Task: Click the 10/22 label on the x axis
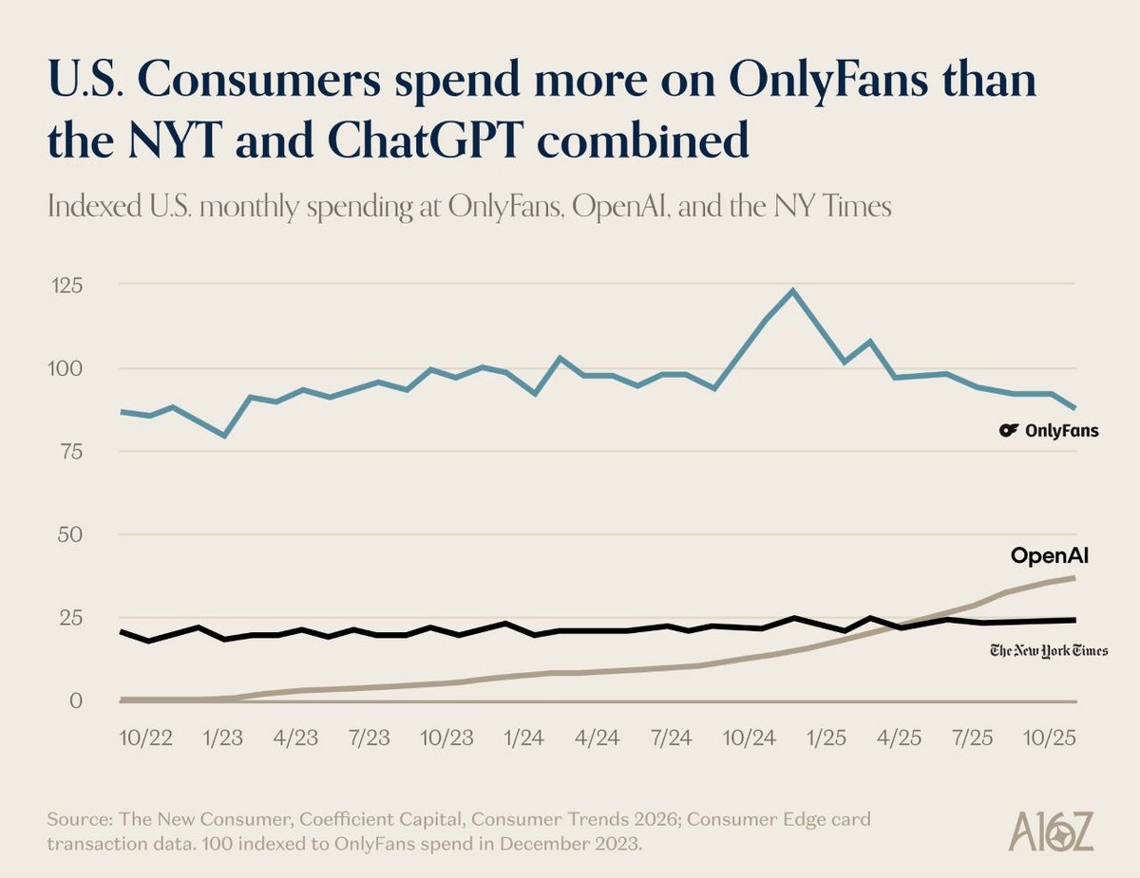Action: point(146,738)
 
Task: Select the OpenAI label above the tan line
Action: point(1049,556)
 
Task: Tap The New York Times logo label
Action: point(1049,650)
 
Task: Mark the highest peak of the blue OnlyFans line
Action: point(792,290)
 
